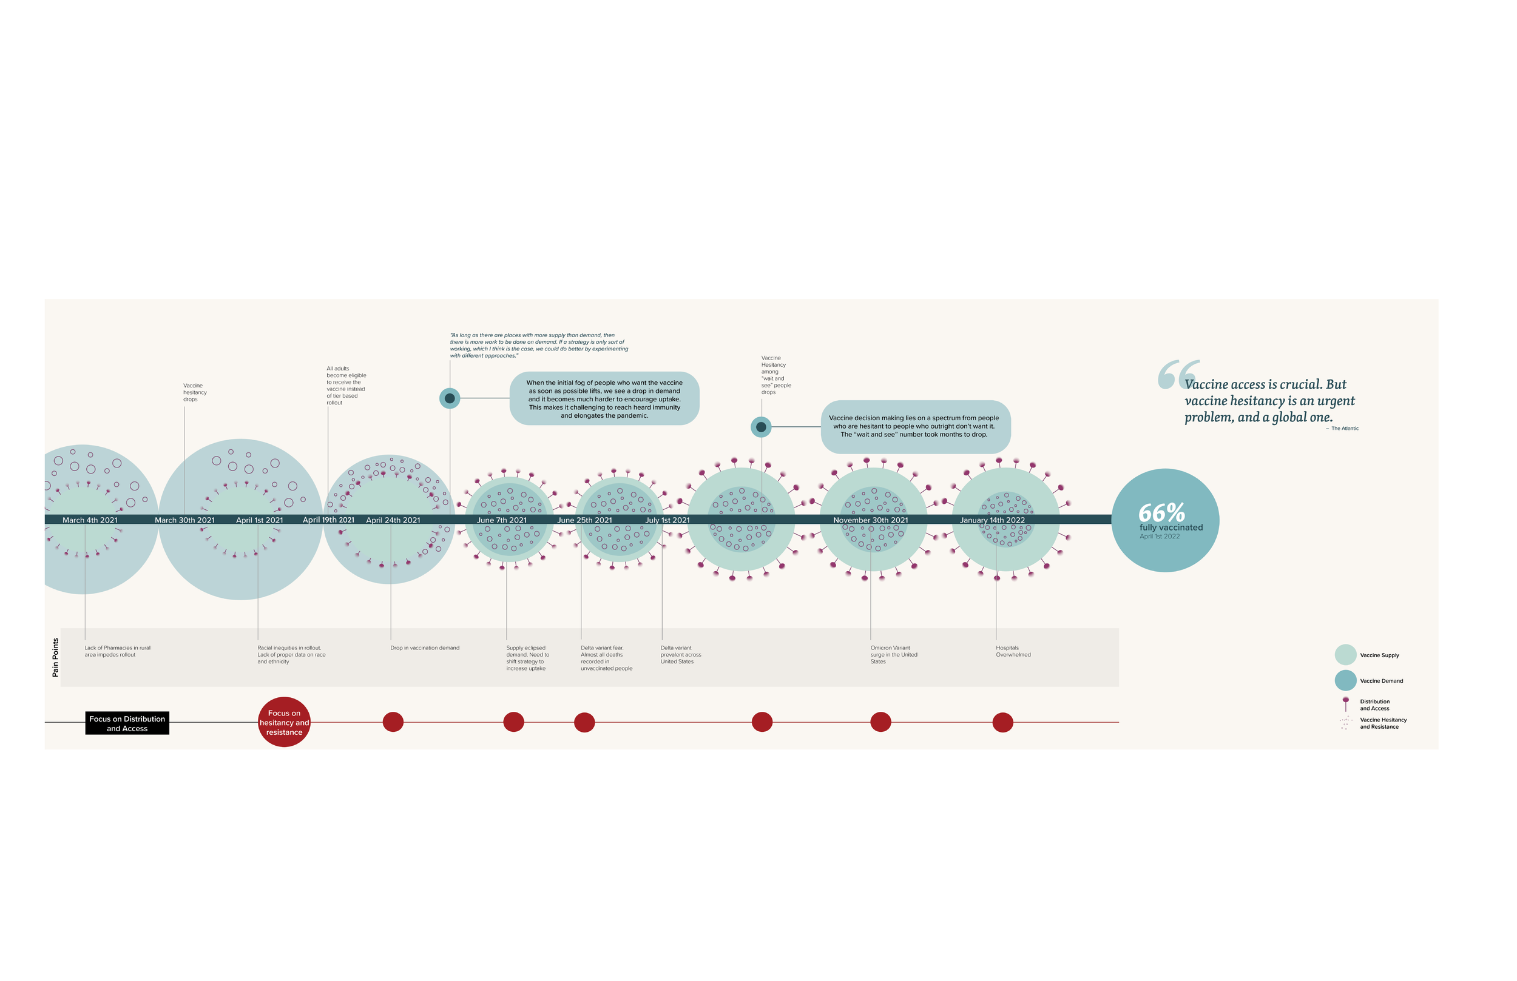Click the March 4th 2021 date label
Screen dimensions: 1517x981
point(90,520)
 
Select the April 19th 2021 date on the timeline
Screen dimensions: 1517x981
point(328,520)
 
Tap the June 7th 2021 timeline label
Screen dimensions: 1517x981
point(502,520)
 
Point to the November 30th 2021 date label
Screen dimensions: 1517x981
point(870,520)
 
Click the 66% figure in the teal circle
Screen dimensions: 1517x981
point(1161,513)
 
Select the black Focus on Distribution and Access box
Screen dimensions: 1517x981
point(127,723)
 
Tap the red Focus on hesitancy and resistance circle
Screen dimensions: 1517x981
point(284,722)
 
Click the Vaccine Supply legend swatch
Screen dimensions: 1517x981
point(1345,655)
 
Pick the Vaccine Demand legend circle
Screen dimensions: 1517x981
point(1345,680)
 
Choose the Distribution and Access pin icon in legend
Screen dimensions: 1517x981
point(1345,703)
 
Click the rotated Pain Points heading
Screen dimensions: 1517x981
point(55,657)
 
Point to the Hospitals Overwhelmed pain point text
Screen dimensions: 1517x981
point(1013,651)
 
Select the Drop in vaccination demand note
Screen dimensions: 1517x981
point(425,648)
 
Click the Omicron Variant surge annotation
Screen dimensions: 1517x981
point(894,654)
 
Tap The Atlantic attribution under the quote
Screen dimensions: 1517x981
point(1344,429)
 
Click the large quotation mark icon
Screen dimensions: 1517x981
point(1178,374)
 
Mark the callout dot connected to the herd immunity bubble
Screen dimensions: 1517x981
point(450,398)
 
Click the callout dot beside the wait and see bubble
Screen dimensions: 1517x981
point(760,427)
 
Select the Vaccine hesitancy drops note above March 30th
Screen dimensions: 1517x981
point(194,392)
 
